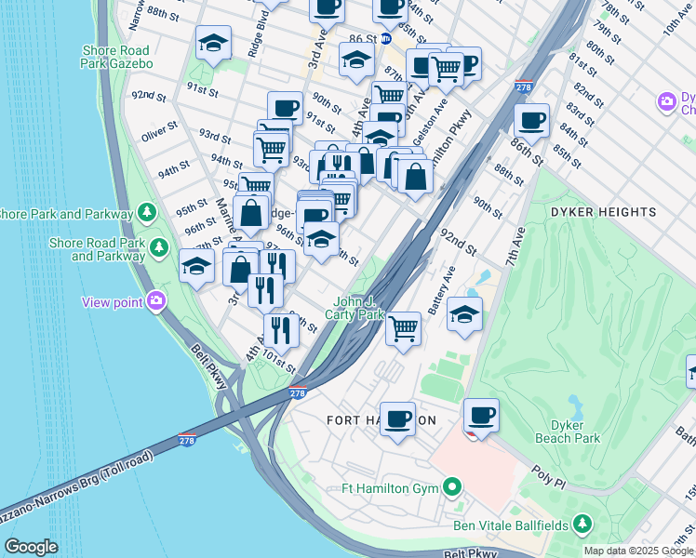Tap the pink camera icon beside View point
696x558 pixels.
[x=156, y=300]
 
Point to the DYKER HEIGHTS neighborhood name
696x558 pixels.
[x=603, y=212]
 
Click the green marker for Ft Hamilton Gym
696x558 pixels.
[x=452, y=487]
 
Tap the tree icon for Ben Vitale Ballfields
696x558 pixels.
[x=582, y=525]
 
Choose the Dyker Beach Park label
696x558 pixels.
[x=568, y=432]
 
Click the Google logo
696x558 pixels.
[x=31, y=547]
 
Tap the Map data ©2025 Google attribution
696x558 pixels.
[x=638, y=551]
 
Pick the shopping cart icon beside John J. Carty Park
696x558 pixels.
[x=403, y=327]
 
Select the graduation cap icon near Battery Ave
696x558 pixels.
[x=464, y=313]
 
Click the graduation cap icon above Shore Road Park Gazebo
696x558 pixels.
[x=214, y=43]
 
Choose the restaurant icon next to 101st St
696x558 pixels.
[x=281, y=328]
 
